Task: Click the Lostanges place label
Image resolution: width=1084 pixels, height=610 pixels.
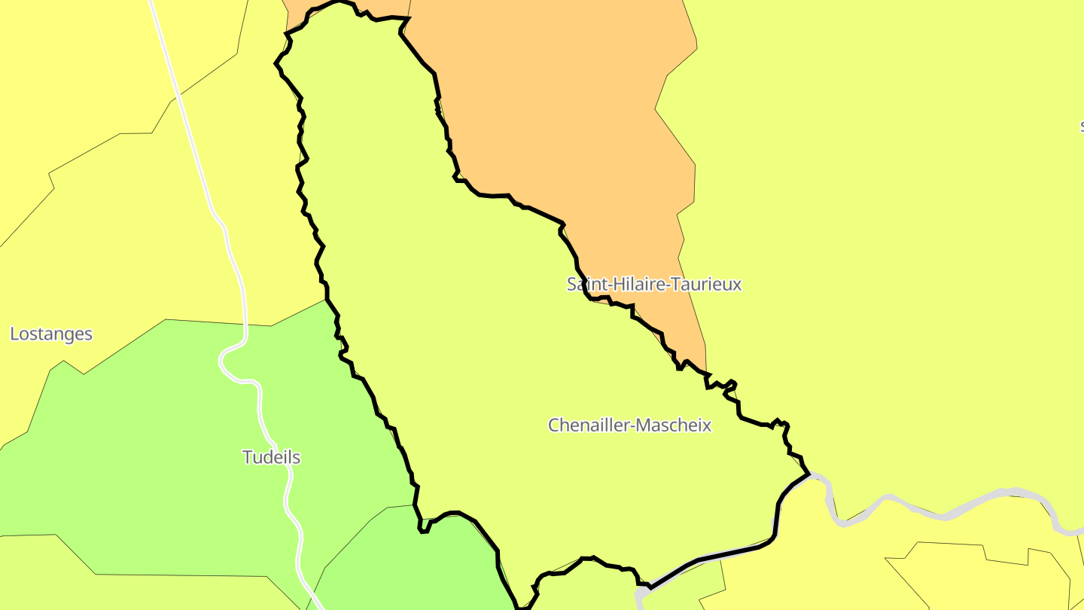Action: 51,334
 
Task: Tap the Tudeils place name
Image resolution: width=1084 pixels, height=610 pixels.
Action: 271,457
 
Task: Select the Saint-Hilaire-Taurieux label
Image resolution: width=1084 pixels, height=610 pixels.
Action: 654,284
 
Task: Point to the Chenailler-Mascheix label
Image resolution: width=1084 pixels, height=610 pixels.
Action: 629,425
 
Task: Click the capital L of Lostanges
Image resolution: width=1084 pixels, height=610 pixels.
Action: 14,334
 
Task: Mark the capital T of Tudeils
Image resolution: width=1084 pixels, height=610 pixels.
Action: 247,457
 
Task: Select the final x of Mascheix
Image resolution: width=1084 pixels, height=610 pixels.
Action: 707,425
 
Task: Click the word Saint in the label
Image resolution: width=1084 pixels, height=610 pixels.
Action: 584,284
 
